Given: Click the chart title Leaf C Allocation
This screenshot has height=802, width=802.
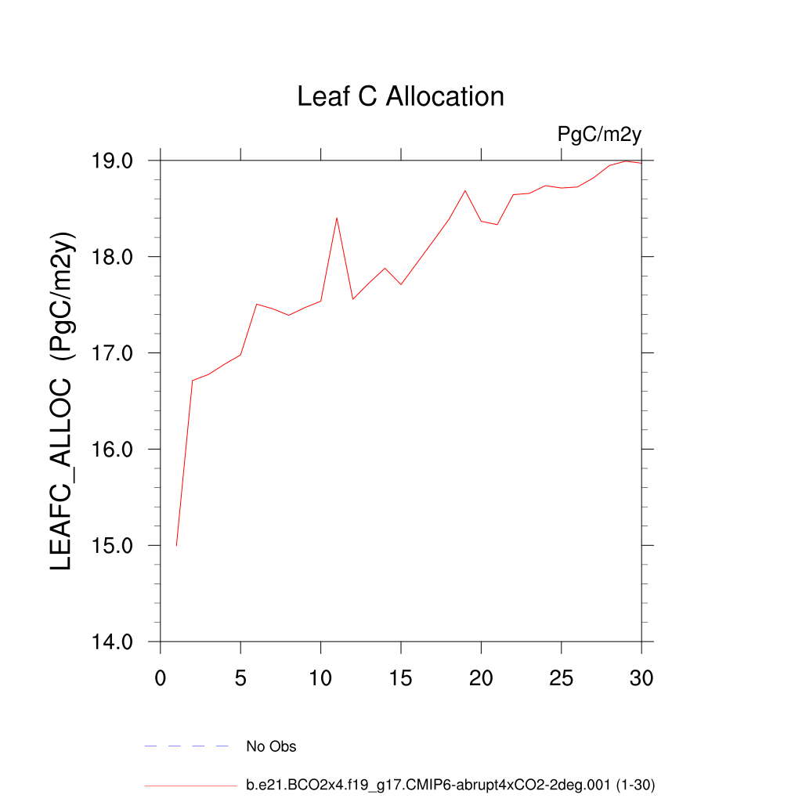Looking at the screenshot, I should tap(400, 96).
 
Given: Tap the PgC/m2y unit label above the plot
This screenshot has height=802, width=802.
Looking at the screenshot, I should tap(599, 134).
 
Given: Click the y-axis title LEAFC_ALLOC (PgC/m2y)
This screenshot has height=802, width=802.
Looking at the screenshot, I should tap(62, 401).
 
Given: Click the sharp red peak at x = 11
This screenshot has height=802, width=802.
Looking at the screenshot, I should tap(337, 218).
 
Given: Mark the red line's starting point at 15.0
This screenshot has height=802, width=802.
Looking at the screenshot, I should tap(177, 545).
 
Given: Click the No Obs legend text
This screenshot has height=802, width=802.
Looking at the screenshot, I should tap(271, 746).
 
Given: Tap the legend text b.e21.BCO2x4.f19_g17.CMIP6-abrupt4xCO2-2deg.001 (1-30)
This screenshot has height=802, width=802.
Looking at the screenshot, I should tap(450, 785).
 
